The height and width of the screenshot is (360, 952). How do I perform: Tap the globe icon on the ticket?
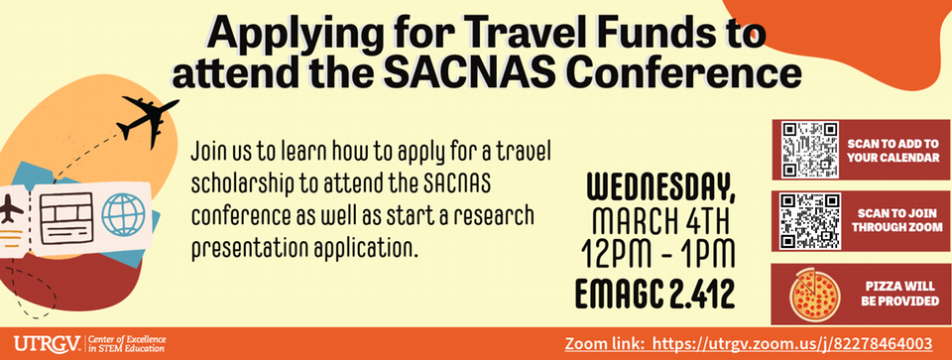[x=123, y=213]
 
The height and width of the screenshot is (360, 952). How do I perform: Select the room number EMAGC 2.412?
[x=658, y=294]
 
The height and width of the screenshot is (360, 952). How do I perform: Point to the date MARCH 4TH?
[x=658, y=219]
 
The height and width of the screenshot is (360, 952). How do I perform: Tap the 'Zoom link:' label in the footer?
[x=608, y=344]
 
